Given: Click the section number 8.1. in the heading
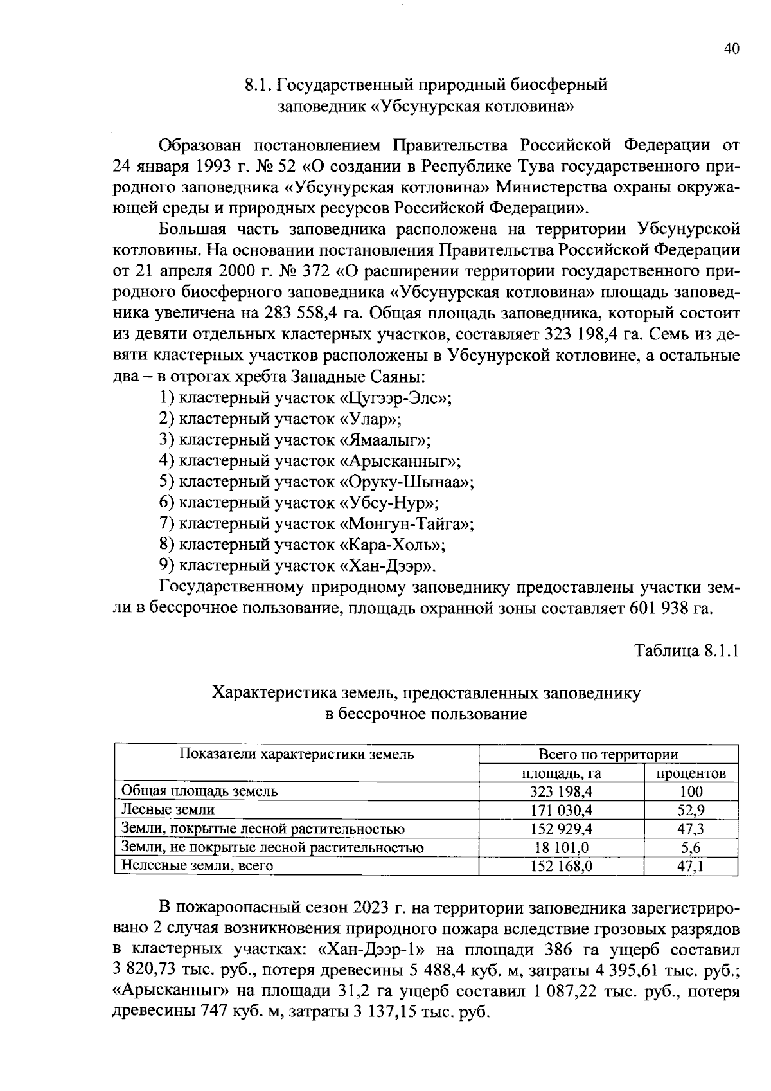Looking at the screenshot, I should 260,86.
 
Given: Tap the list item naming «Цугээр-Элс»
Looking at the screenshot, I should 305,399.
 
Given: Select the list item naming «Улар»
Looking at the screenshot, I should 280,420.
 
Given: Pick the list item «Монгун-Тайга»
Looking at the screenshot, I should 317,525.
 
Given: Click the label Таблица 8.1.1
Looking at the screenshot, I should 687,651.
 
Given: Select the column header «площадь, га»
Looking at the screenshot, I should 561,773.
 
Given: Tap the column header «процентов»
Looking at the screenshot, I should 691,773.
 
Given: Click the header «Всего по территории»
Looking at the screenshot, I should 608,755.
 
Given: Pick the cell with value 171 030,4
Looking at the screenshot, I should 561,810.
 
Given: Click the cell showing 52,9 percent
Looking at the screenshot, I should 691,810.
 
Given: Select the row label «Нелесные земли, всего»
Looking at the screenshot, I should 197,866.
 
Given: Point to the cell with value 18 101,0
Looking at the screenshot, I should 561,847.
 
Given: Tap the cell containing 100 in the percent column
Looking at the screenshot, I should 691,791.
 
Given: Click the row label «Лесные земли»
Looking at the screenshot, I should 168,810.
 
